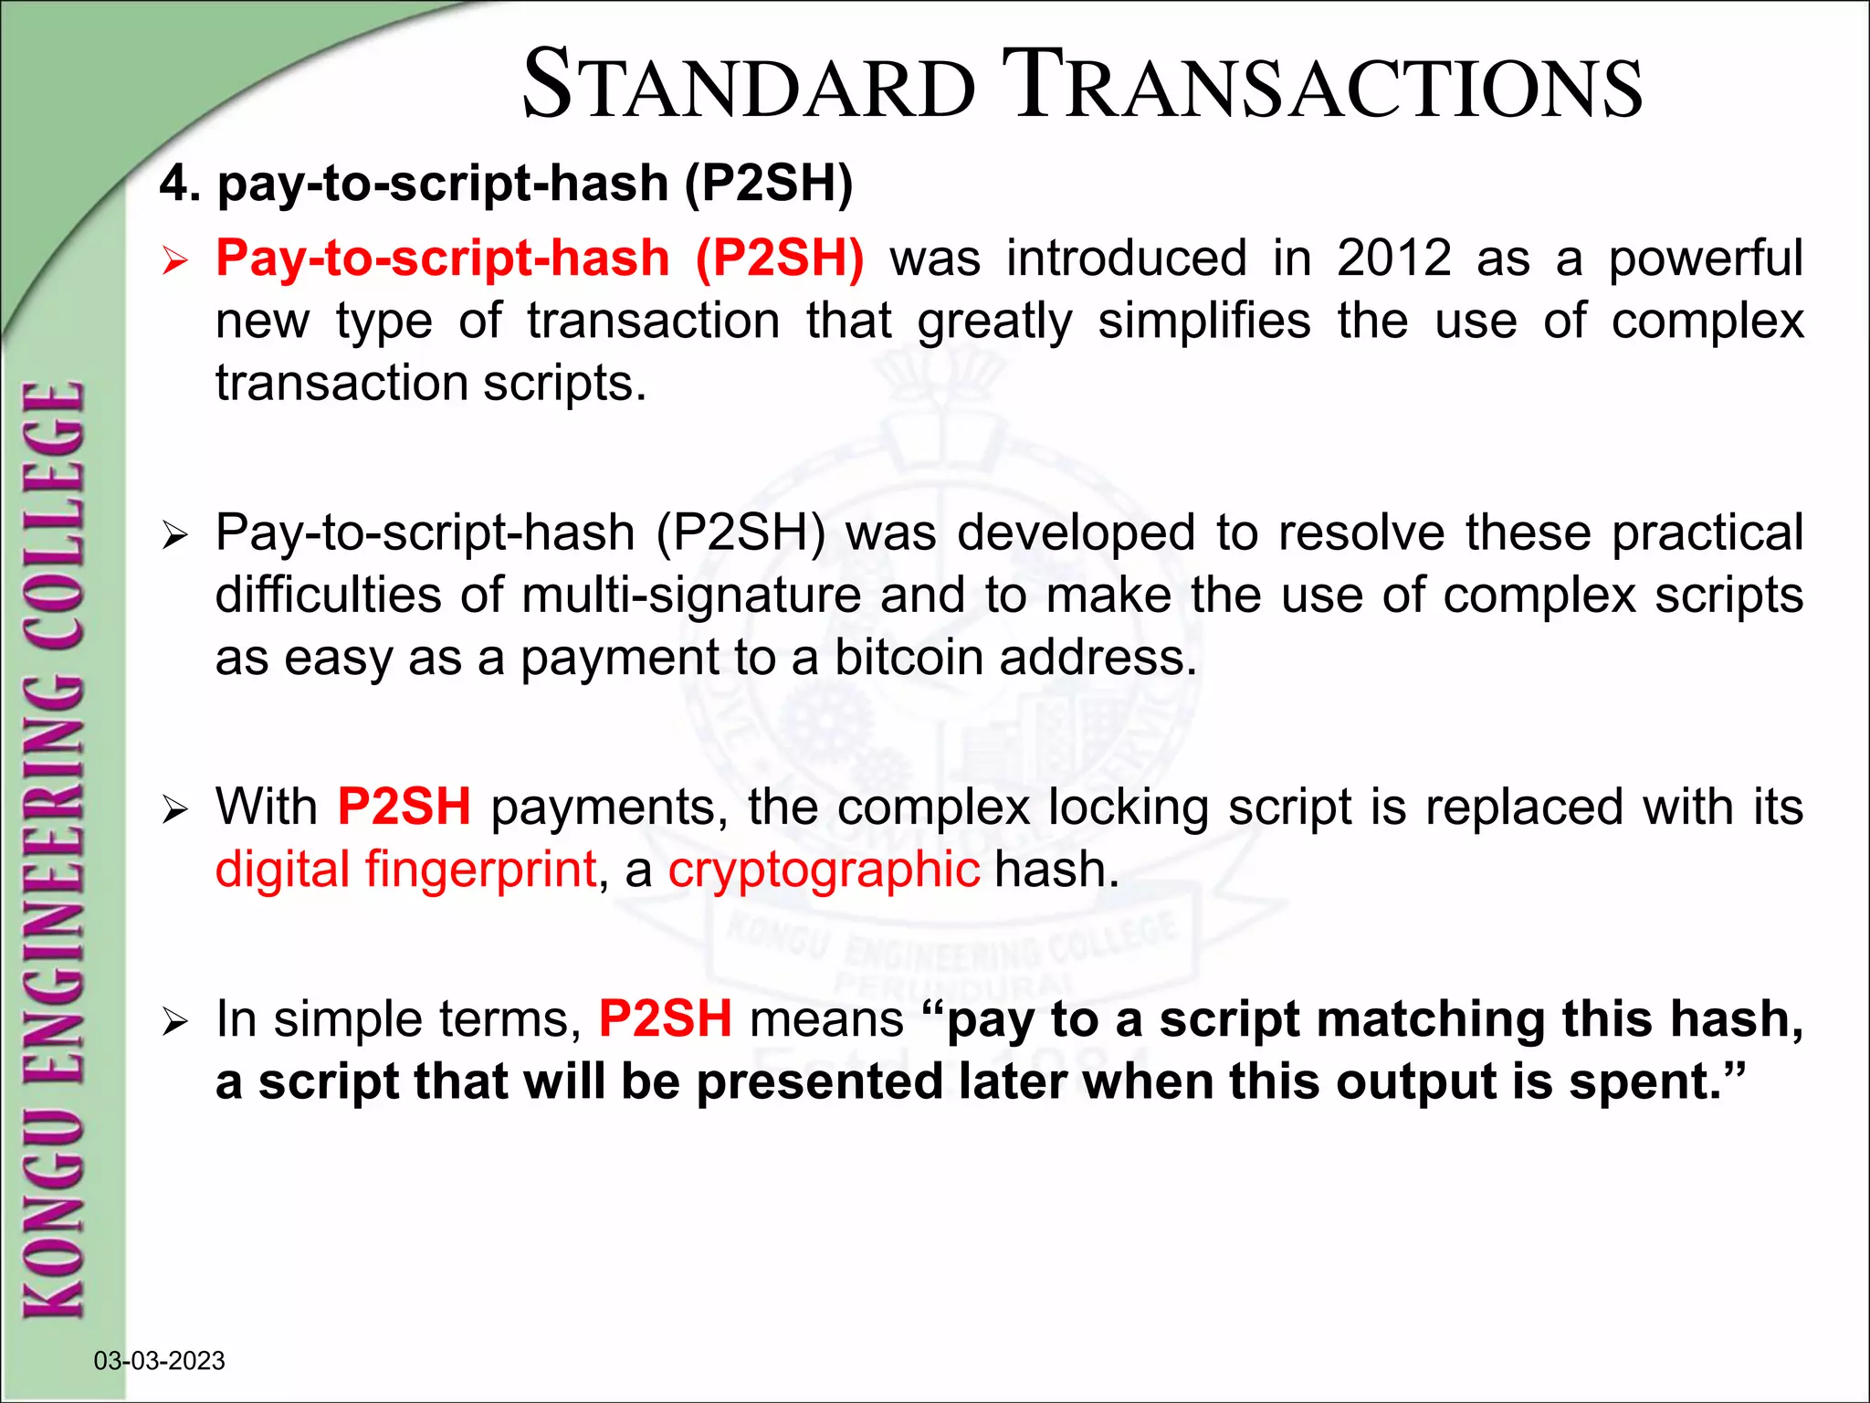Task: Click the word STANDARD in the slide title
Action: point(749,87)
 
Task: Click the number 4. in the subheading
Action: point(180,184)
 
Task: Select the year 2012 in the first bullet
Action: point(1393,258)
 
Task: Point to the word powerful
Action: point(1705,259)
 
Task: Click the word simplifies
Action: point(1203,321)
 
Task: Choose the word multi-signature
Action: point(691,596)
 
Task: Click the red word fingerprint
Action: point(480,870)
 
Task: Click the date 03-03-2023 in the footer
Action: point(159,1361)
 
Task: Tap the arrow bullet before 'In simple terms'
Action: point(173,1022)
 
